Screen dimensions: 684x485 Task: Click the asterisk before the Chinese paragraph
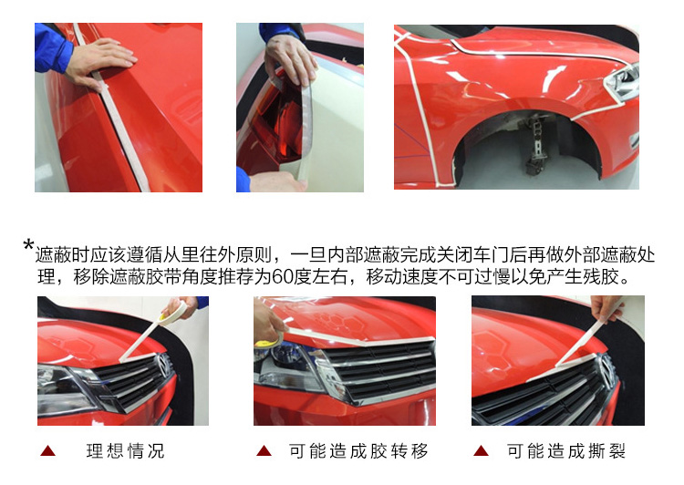(x=28, y=244)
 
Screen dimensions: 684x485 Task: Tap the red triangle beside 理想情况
(x=48, y=451)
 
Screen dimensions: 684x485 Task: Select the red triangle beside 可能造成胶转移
(x=264, y=451)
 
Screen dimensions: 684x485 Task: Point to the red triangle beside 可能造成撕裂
(x=482, y=451)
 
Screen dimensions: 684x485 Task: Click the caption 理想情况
(x=125, y=451)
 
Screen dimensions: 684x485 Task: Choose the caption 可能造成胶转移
(x=358, y=451)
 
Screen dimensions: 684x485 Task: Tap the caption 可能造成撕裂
(x=565, y=451)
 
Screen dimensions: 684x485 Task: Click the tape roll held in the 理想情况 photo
(x=174, y=314)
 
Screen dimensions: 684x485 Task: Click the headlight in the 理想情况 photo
(x=66, y=390)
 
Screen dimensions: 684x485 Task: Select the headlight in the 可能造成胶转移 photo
(x=290, y=363)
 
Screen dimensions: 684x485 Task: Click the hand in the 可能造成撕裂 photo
(x=606, y=307)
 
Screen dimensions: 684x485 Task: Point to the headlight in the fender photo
(x=621, y=82)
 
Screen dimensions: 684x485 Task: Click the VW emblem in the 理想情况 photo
(x=164, y=365)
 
